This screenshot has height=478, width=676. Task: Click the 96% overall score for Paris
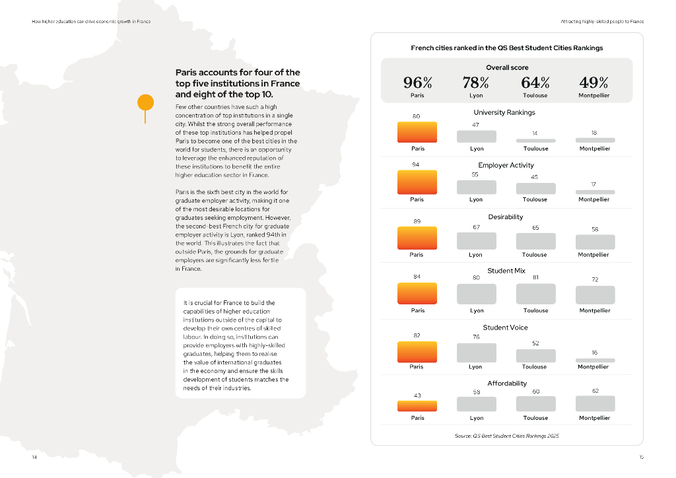point(417,83)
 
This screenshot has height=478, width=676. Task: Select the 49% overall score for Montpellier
point(593,83)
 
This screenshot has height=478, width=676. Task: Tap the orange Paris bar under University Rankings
point(417,132)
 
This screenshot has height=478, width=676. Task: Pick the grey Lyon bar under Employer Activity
point(476,187)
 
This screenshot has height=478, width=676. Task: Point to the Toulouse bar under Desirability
point(535,242)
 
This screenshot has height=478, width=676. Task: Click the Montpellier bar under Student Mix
point(595,295)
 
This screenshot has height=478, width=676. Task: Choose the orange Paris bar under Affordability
point(417,406)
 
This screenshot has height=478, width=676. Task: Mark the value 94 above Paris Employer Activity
point(417,164)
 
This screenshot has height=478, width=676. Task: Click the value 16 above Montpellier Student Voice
point(594,353)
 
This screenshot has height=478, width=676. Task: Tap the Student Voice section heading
point(505,327)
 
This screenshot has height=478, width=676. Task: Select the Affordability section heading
point(507,383)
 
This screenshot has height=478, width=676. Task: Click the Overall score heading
point(507,67)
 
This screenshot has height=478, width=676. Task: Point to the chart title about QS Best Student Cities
point(506,48)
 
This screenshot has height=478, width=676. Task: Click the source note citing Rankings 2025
point(506,436)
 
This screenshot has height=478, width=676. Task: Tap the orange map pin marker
point(145,103)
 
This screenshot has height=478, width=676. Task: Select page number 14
point(34,457)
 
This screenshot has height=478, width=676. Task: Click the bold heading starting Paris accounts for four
point(238,84)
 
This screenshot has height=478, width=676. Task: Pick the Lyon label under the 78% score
point(476,96)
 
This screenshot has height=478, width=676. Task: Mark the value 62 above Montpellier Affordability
point(595,391)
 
